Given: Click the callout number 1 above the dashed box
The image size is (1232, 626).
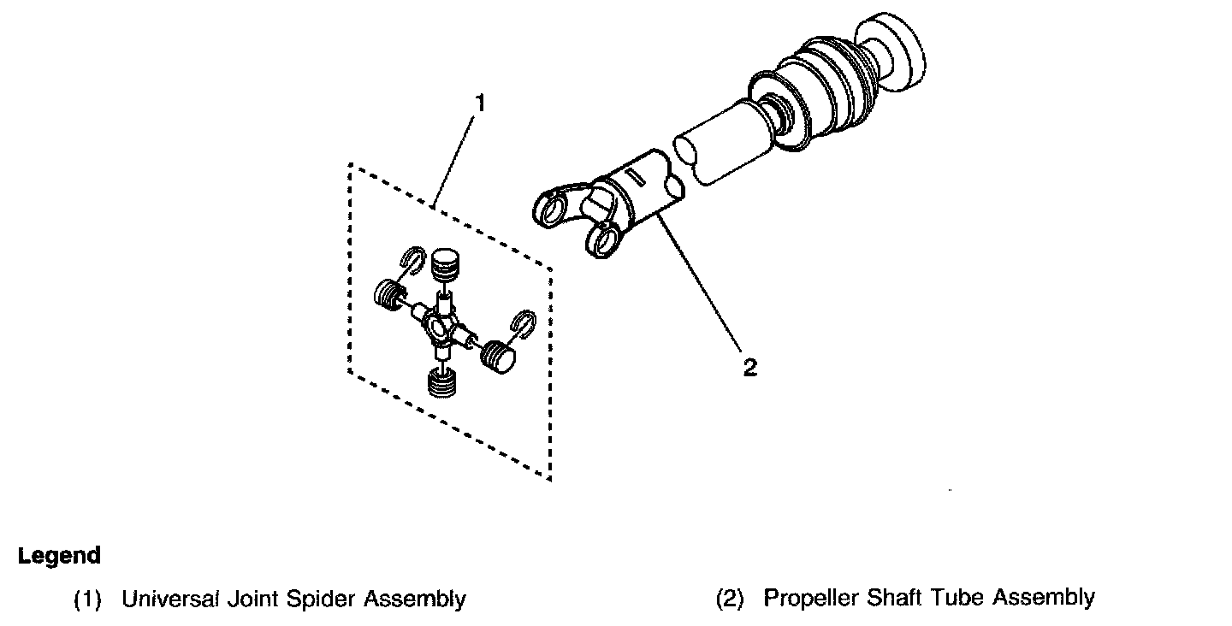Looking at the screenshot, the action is point(480,103).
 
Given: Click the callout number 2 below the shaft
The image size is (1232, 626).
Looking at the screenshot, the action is point(750,368).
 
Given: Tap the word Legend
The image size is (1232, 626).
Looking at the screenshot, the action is point(59,556).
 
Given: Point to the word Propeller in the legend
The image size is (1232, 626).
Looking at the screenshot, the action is point(811,598).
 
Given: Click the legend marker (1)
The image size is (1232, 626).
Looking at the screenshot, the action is point(87,599).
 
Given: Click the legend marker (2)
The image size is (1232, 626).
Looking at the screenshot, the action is point(729,598).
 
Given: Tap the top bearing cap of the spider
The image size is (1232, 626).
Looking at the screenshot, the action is point(445,264).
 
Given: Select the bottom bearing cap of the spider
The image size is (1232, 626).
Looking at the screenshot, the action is point(442,382).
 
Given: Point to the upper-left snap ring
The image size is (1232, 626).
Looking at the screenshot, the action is point(412,260).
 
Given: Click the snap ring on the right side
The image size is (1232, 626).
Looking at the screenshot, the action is point(523,324).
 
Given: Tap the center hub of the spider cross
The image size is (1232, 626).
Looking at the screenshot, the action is point(440,328).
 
